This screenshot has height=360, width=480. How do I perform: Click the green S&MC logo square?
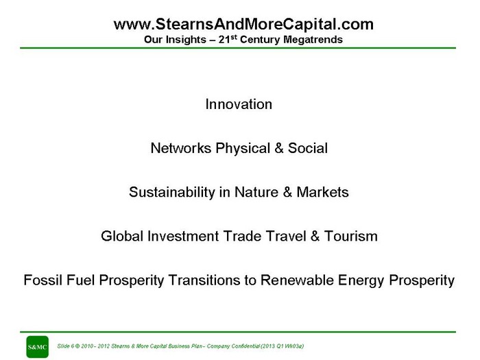[x=37, y=347]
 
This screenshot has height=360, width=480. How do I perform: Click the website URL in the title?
[x=243, y=25]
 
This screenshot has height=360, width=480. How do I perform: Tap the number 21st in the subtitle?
[x=228, y=39]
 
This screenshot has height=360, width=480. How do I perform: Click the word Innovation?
[x=239, y=104]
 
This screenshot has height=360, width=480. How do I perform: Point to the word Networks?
[x=181, y=148]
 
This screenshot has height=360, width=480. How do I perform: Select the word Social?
[x=308, y=148]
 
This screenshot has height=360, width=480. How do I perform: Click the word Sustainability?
[x=172, y=192]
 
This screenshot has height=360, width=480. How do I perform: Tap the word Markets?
[x=323, y=192]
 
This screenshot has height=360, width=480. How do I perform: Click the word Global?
[x=122, y=237]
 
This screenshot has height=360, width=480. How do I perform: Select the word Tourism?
[x=351, y=237]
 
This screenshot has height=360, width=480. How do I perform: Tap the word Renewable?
[x=297, y=280]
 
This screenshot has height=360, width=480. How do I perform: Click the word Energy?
[x=361, y=281]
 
